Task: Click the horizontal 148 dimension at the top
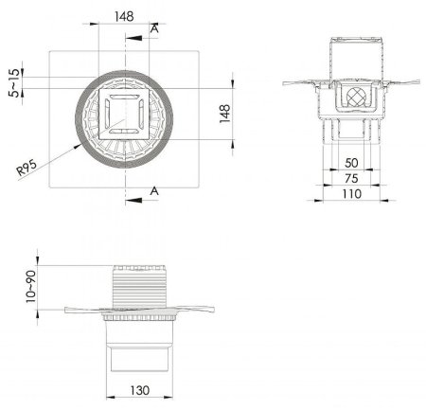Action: (124, 16)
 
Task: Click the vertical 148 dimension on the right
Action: (225, 114)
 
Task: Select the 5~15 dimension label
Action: (15, 83)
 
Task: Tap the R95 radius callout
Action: (27, 168)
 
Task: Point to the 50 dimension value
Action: (351, 163)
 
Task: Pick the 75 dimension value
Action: (351, 179)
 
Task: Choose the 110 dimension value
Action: (351, 194)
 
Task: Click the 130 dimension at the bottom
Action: (140, 391)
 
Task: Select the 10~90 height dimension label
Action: (31, 287)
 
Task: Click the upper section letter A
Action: (154, 28)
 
